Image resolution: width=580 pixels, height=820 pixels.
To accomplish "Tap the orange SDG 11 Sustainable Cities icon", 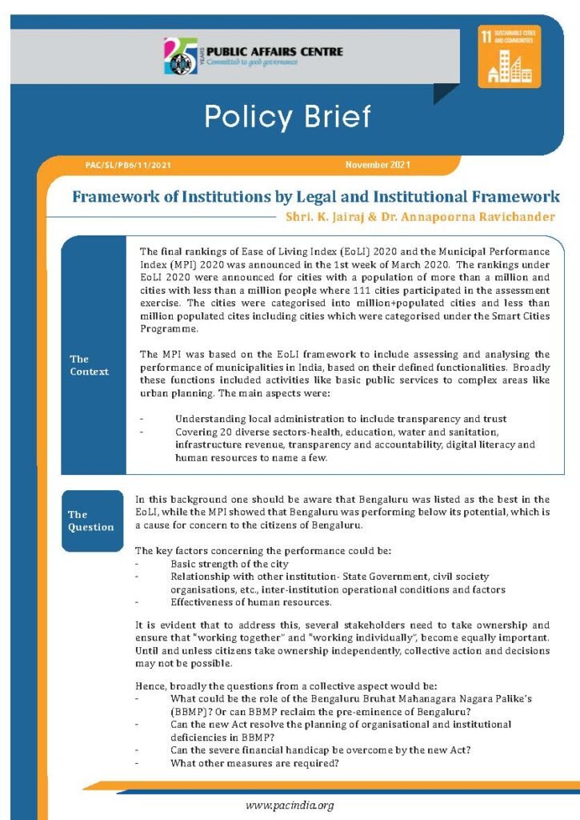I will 509,55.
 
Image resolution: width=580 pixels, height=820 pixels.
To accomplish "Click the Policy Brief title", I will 288,118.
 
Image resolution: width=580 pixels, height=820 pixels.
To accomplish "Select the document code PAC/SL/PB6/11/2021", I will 127,165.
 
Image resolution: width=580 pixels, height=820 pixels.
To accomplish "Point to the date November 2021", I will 378,165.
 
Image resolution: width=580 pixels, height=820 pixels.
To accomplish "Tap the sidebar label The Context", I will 88,365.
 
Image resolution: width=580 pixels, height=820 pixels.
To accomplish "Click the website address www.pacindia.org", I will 290,804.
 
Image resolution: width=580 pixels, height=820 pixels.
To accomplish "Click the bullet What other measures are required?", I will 254,762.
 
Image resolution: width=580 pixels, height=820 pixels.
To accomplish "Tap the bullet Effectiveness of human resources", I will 250,602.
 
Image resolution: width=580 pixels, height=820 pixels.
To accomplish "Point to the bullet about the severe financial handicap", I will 310,750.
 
